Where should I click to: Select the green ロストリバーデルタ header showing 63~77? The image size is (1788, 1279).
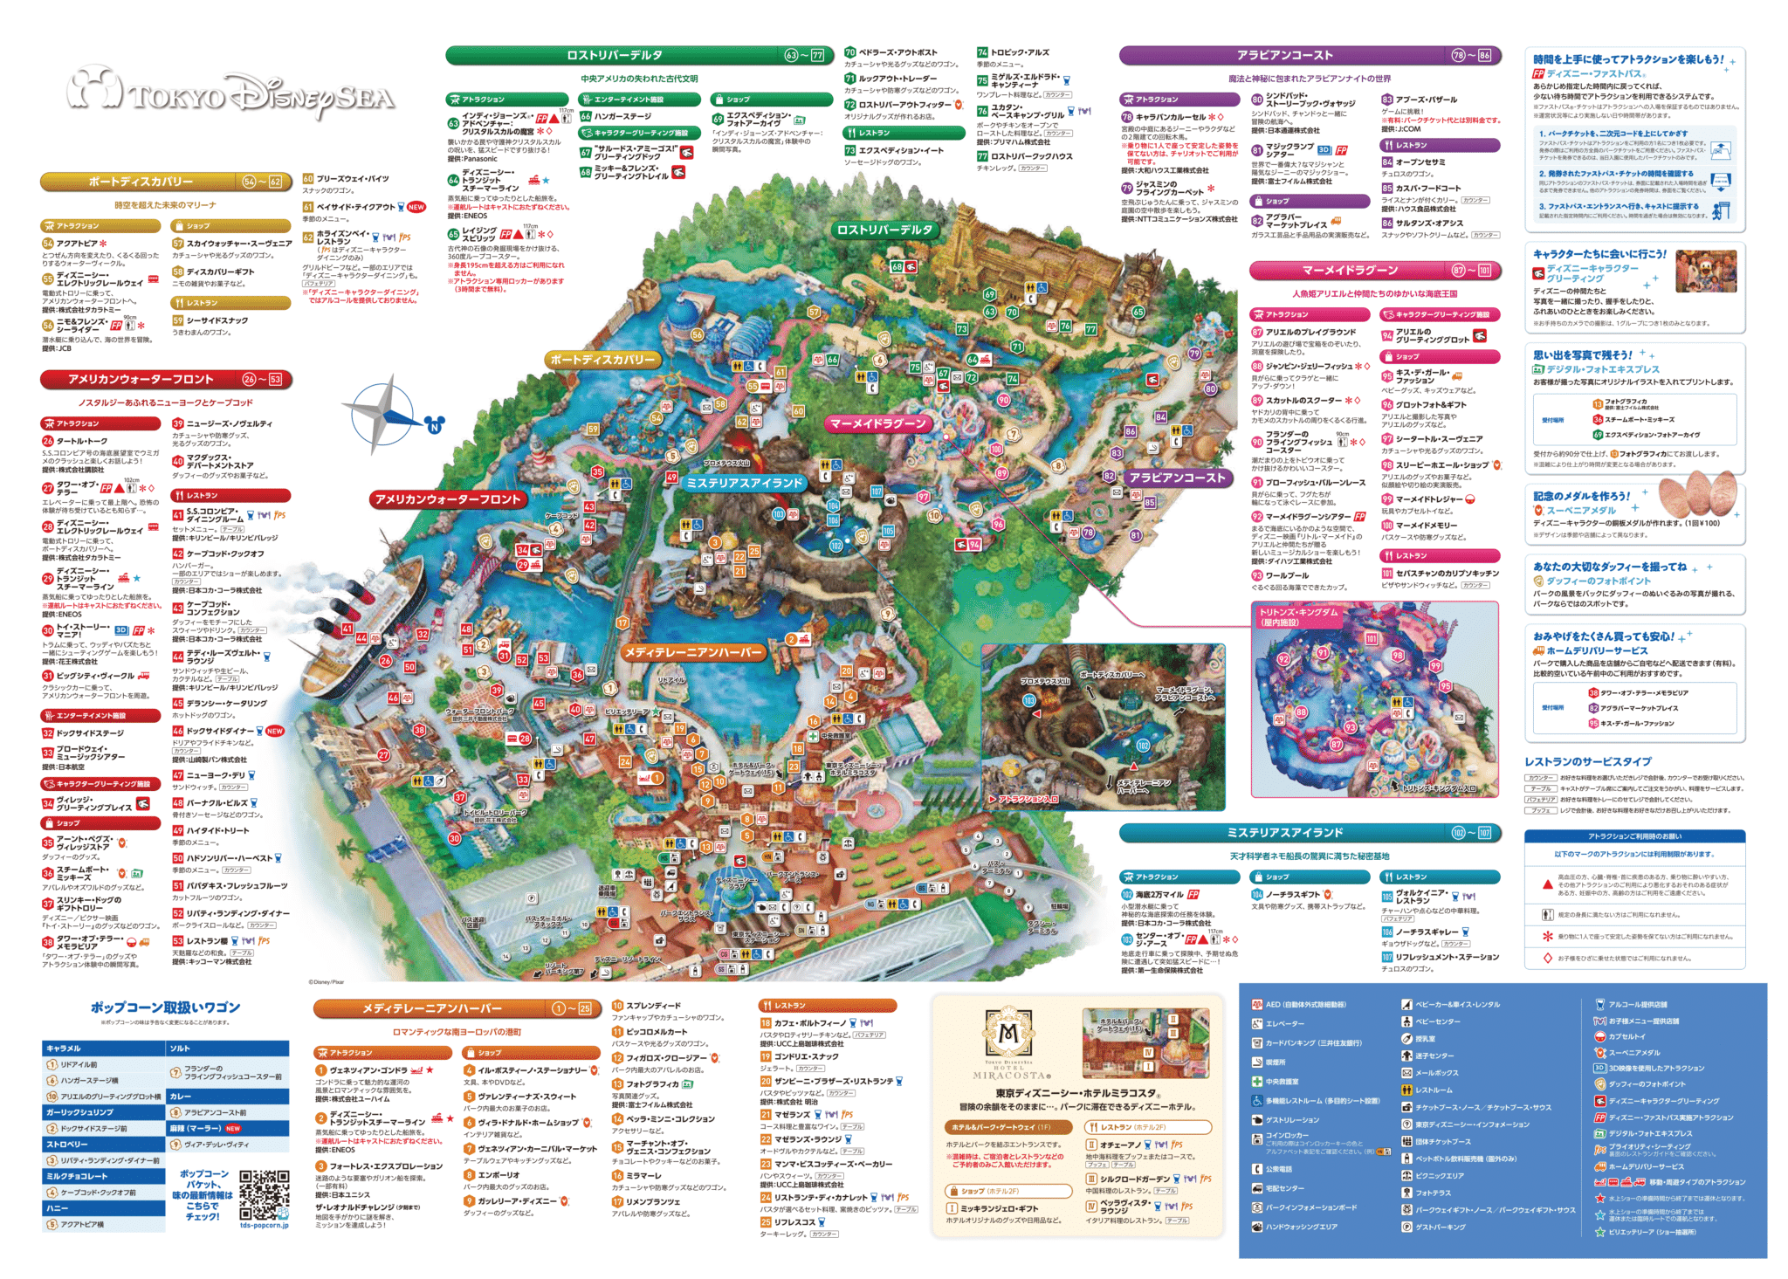(636, 55)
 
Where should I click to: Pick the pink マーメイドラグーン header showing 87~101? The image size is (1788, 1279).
(1374, 270)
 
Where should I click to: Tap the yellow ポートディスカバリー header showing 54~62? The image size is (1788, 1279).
(164, 182)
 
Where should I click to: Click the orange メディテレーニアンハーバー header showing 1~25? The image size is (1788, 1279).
(457, 1008)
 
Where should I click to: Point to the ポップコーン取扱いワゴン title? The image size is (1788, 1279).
(165, 1007)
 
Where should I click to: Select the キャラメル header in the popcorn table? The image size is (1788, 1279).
(103, 1048)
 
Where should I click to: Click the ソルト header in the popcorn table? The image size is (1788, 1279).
(227, 1048)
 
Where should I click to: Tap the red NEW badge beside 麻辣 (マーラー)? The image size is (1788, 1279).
(233, 1128)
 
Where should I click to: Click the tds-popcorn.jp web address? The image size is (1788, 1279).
(264, 1225)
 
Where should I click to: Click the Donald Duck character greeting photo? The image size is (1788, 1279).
(1706, 270)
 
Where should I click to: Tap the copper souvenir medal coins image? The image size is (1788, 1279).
(1697, 496)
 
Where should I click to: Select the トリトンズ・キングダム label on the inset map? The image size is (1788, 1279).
(1297, 616)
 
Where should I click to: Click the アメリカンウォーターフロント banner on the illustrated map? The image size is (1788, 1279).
(448, 499)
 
